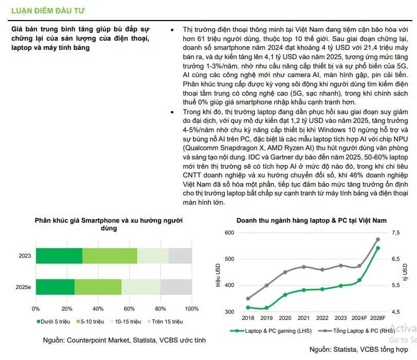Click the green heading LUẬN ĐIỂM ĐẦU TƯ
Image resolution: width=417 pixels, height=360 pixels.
(48, 11)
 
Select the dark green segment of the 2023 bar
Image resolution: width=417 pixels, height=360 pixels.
(59, 256)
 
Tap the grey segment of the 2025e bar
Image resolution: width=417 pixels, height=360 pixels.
(176, 287)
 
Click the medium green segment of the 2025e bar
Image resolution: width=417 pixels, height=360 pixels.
(98, 287)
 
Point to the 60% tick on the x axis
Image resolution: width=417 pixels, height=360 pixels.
(129, 309)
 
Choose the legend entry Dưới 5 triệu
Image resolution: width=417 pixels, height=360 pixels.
(53, 321)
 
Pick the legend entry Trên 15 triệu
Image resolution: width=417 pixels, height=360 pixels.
(165, 321)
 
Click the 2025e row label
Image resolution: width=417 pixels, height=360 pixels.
(24, 287)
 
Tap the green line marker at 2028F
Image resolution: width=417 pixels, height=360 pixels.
(378, 248)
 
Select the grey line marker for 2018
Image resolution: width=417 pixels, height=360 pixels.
(248, 298)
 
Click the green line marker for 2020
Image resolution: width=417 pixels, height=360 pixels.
(285, 295)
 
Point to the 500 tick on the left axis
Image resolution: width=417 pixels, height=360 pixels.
(229, 259)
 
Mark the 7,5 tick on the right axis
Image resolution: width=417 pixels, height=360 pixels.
(396, 232)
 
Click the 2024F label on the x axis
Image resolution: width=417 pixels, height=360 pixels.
(359, 318)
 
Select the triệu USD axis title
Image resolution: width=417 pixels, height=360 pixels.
(218, 275)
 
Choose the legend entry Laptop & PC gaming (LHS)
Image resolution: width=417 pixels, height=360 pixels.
(271, 331)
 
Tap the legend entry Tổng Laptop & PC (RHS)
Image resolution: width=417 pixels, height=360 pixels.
(357, 331)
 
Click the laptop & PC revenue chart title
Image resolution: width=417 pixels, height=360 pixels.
(312, 220)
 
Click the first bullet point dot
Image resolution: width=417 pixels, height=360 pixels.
(172, 30)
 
